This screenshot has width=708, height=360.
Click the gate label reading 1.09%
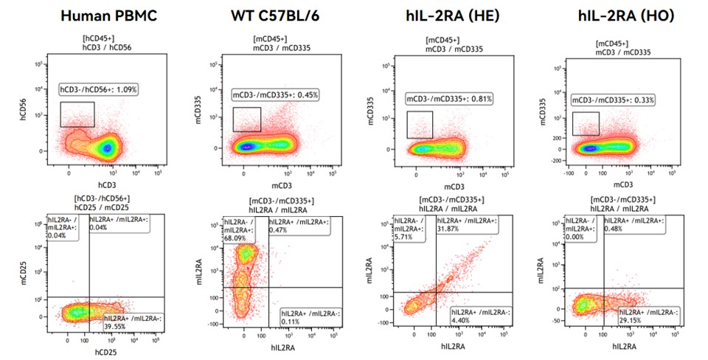coord(99,89)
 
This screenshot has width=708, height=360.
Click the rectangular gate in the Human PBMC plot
coord(77,114)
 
